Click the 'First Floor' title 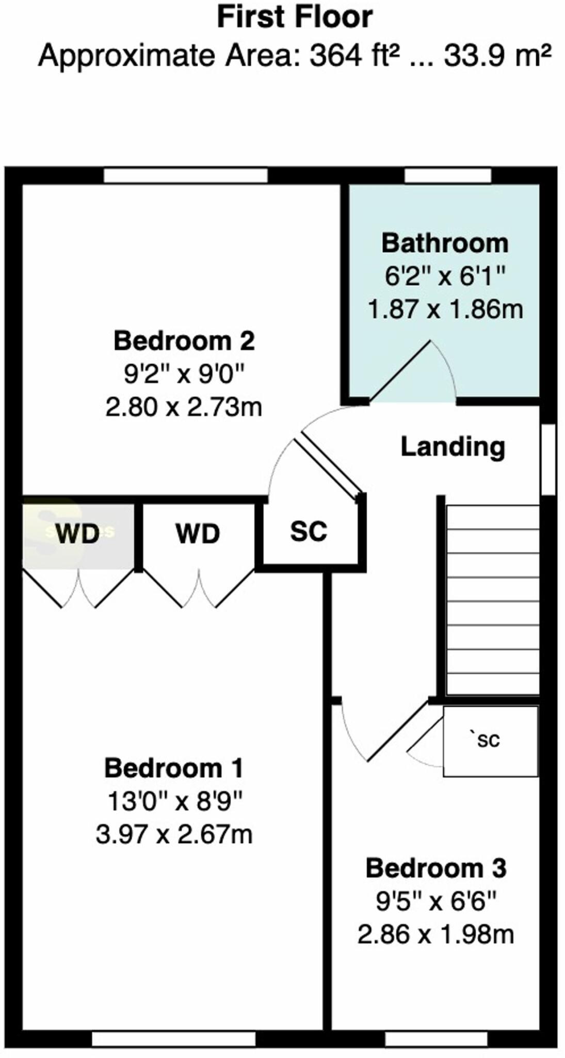pyautogui.click(x=295, y=17)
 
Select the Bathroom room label pyautogui.click(x=445, y=243)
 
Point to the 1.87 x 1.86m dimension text pyautogui.click(x=445, y=309)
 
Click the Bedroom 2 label pyautogui.click(x=184, y=341)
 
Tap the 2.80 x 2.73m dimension pyautogui.click(x=184, y=407)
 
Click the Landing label pyautogui.click(x=453, y=447)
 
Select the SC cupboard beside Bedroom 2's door pyautogui.click(x=309, y=531)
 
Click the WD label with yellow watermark pyautogui.click(x=77, y=534)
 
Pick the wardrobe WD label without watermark pyautogui.click(x=198, y=534)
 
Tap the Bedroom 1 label pyautogui.click(x=173, y=768)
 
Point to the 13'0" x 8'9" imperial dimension pyautogui.click(x=174, y=802)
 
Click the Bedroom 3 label pyautogui.click(x=436, y=868)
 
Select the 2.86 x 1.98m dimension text pyautogui.click(x=436, y=935)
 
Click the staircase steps pyautogui.click(x=493, y=599)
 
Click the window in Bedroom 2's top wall pyautogui.click(x=186, y=176)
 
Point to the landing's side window pyautogui.click(x=548, y=460)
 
